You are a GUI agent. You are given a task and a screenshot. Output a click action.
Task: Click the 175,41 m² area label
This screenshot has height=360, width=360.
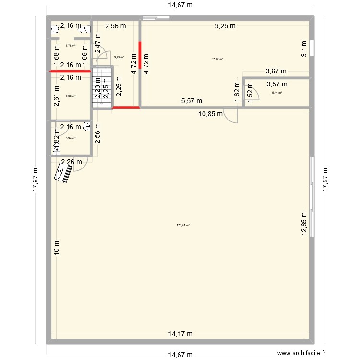click(183, 225)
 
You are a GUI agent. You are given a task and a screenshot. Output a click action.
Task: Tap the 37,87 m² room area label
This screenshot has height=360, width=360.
click(217, 59)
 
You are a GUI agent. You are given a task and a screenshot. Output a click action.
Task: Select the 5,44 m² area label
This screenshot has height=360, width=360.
click(277, 93)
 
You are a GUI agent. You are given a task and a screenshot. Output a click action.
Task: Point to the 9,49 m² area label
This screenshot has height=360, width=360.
click(118, 57)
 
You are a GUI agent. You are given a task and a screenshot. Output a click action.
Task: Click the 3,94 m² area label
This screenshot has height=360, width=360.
click(71, 138)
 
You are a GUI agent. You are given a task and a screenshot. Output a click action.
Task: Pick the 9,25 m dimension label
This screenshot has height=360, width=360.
click(225, 26)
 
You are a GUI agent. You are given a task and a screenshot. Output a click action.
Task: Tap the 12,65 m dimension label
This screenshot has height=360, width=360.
click(304, 224)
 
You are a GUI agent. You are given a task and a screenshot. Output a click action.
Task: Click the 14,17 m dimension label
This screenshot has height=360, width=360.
click(180, 334)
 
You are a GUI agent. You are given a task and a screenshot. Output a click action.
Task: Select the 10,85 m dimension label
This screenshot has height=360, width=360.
click(211, 114)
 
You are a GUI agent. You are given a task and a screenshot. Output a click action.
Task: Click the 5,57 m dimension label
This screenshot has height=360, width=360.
click(192, 101)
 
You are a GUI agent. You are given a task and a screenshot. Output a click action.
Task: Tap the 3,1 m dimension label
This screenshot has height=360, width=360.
click(304, 49)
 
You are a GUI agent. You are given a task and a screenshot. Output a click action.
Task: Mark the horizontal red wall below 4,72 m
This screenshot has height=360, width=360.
click(126, 108)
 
